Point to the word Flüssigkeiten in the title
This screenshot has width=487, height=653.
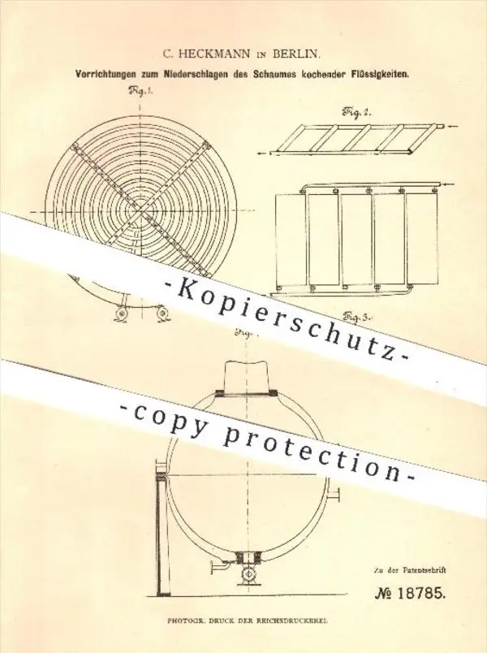[384, 76]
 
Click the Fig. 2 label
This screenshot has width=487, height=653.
[356, 111]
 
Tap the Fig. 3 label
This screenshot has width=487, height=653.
[356, 318]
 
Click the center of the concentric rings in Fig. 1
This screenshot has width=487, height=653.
[141, 212]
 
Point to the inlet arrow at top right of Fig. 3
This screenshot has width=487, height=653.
[451, 184]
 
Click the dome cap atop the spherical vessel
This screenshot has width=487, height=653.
[246, 379]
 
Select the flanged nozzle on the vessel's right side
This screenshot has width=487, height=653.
[334, 495]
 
